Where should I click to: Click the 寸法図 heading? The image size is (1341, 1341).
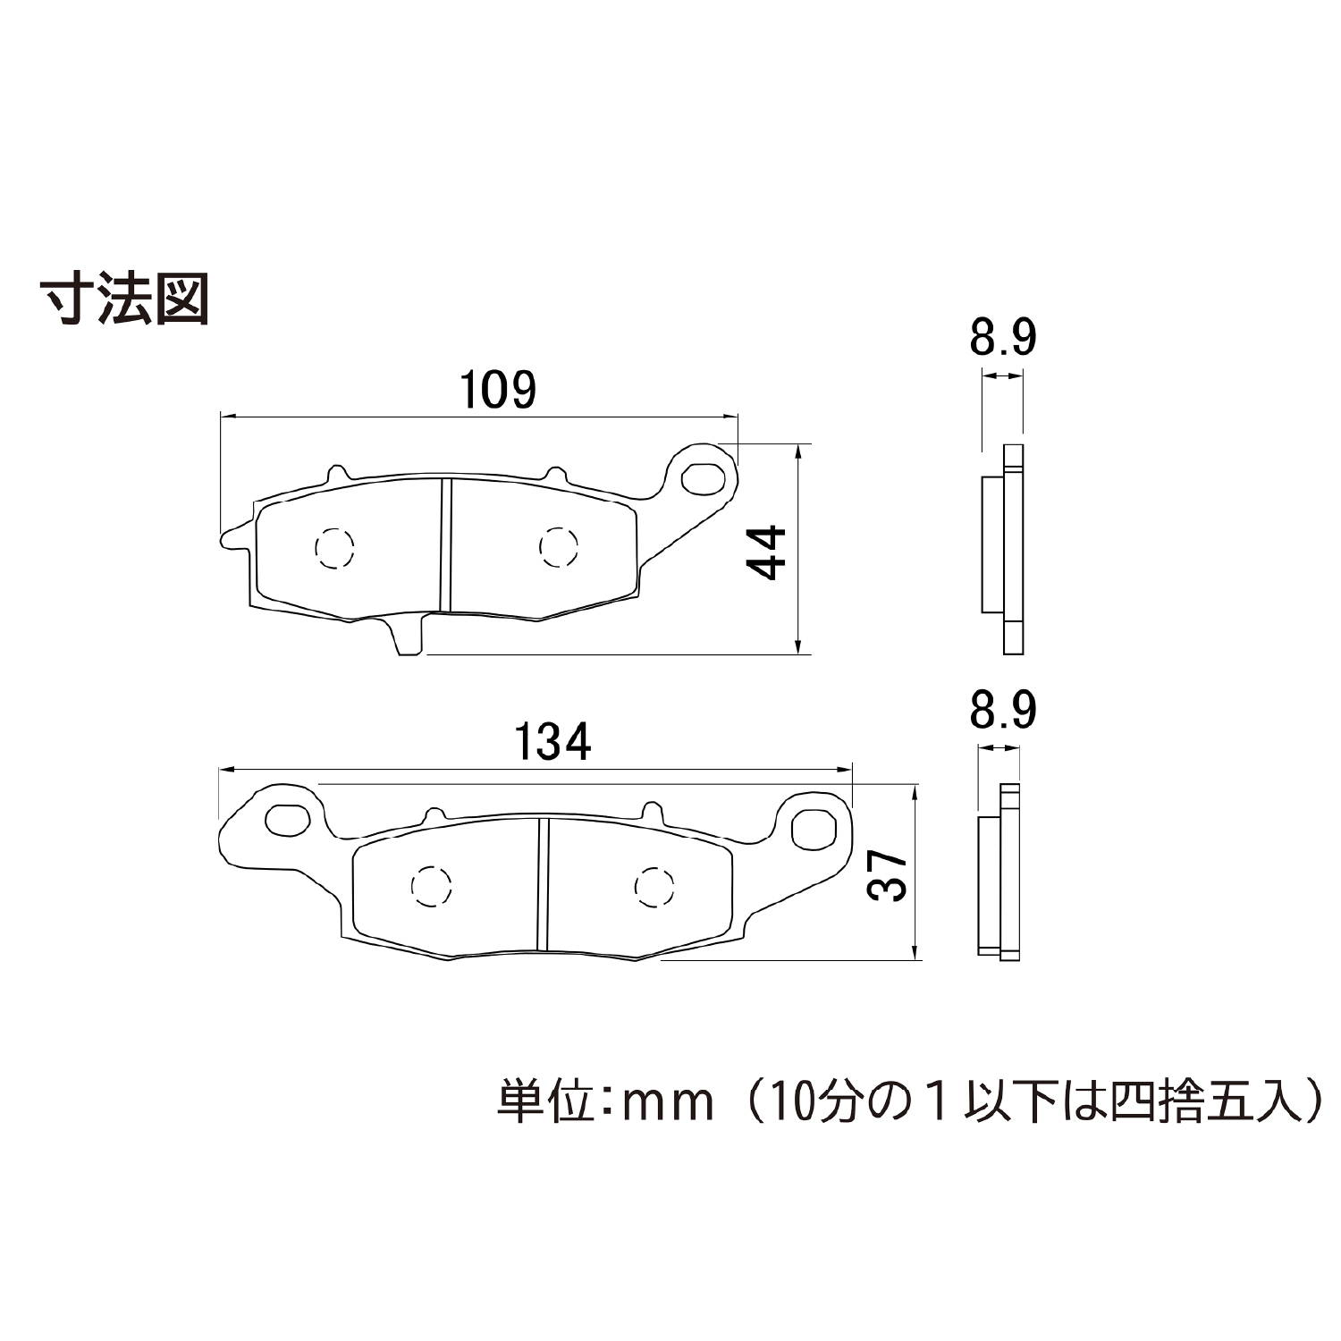[x=126, y=299]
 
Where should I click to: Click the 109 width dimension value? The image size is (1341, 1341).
[x=498, y=390]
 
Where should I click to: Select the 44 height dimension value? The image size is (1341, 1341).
[x=766, y=553]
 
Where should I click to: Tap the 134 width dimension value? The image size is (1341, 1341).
[x=552, y=742]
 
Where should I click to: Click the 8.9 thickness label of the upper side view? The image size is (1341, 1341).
[x=1002, y=338]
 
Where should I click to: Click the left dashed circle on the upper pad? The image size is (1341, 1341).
[x=334, y=547]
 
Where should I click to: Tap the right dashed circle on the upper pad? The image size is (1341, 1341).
[x=558, y=546]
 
